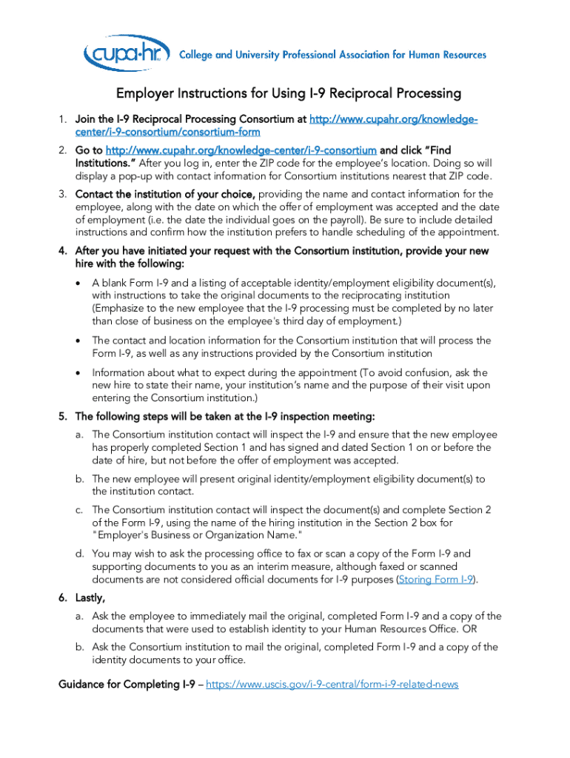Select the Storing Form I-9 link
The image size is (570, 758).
click(x=436, y=580)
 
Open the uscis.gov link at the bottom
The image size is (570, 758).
click(x=332, y=684)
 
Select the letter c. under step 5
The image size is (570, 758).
click(x=78, y=509)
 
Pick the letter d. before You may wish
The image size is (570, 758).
click(x=78, y=553)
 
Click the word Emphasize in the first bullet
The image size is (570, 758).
click(x=125, y=308)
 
